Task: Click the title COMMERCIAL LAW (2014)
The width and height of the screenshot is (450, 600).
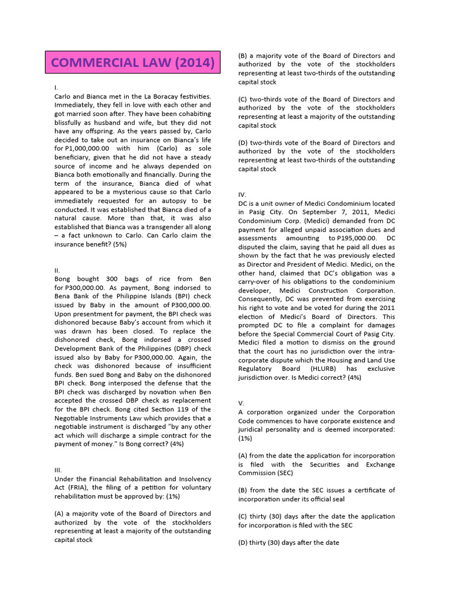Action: click(133, 63)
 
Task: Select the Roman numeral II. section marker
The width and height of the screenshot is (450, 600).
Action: click(56, 270)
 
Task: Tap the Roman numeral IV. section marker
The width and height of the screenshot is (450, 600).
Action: click(243, 195)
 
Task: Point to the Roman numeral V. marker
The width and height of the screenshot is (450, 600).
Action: click(241, 403)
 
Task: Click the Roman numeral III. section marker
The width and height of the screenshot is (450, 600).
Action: click(58, 470)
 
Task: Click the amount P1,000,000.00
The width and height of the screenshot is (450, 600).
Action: click(99, 148)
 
